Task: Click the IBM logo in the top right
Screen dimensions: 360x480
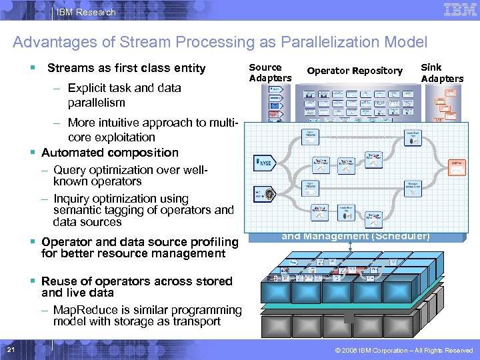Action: tap(459, 11)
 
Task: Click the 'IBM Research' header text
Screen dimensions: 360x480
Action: tap(86, 12)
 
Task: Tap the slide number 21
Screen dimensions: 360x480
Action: tap(10, 350)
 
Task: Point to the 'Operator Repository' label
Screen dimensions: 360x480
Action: tap(355, 71)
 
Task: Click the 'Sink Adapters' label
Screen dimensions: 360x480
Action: tap(441, 73)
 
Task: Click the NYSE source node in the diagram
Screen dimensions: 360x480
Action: tap(263, 162)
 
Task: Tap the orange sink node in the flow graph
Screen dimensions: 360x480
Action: tap(457, 167)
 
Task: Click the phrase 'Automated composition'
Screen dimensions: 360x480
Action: tap(110, 153)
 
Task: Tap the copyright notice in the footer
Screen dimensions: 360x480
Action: tap(404, 350)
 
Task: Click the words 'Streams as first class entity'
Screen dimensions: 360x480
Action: tap(127, 68)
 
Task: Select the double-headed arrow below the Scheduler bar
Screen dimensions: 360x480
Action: tap(351, 247)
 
